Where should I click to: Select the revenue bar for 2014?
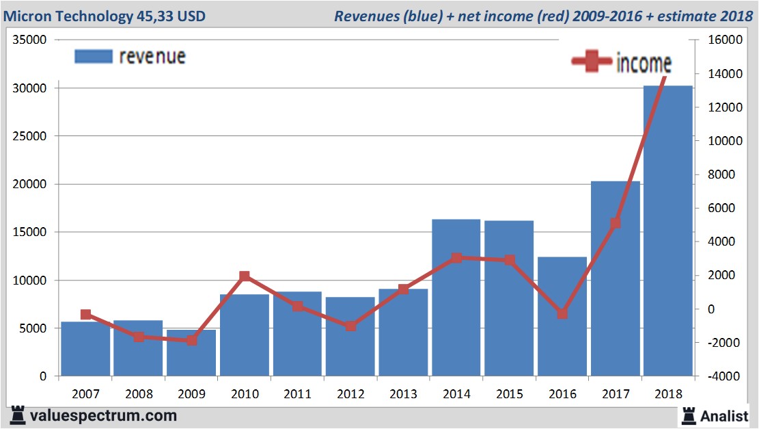(456, 298)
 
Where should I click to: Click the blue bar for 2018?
(668, 233)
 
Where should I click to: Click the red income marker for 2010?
(245, 276)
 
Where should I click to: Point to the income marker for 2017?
(615, 223)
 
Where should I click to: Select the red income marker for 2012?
(350, 326)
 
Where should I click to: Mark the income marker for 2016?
(562, 313)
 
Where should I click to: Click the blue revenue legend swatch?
(93, 56)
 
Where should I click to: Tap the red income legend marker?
(591, 62)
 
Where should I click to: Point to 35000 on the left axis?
(29, 40)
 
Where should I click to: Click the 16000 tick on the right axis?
(724, 40)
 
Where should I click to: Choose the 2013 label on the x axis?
(403, 394)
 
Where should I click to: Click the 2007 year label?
(85, 394)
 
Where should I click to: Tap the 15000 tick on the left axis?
(29, 232)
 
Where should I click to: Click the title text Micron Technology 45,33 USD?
(105, 16)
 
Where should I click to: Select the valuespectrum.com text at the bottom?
(103, 415)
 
